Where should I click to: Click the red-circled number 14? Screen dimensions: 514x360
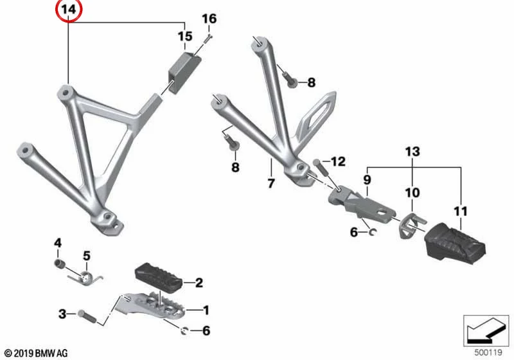[69, 10]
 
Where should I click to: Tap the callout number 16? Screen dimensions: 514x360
[209, 19]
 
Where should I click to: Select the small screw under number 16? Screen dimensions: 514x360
[208, 39]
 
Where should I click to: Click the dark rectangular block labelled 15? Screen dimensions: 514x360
[184, 72]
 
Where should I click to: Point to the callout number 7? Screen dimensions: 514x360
[270, 183]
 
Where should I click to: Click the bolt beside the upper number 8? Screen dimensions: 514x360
[290, 80]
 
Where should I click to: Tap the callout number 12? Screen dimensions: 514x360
[338, 161]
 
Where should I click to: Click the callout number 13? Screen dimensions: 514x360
[412, 152]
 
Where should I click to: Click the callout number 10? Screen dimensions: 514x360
[412, 192]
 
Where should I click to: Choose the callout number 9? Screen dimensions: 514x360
[367, 179]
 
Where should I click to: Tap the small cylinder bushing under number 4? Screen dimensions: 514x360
[58, 263]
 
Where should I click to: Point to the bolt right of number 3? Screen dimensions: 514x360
[87, 316]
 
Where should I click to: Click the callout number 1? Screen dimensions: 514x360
[206, 310]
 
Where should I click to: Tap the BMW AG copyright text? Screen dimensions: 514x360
[37, 354]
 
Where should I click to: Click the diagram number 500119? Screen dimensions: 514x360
[488, 352]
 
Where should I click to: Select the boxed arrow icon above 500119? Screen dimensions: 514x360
[486, 331]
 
